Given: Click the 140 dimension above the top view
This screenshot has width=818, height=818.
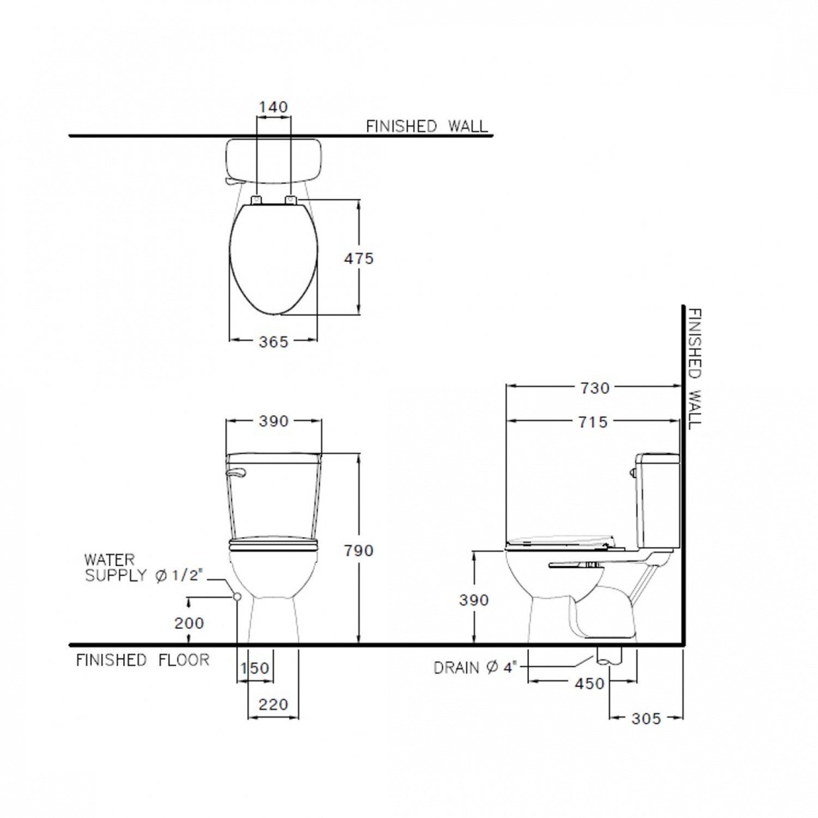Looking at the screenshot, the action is point(273,107).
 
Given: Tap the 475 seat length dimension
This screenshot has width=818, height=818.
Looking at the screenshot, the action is point(359,258).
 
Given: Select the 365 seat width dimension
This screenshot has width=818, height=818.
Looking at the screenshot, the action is point(273,342).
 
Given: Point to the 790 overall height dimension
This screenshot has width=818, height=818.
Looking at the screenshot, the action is point(359,551).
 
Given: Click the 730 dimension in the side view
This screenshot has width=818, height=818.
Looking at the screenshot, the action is point(594,388).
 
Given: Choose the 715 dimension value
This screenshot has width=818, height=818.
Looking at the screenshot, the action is point(593,422).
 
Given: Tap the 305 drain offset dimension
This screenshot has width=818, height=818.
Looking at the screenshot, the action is point(646,719).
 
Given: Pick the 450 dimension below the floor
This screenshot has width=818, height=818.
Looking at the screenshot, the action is point(590,683).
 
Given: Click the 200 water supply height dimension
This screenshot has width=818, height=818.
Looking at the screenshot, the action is point(189,623).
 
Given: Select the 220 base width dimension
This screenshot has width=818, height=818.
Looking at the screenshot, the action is point(273,705).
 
